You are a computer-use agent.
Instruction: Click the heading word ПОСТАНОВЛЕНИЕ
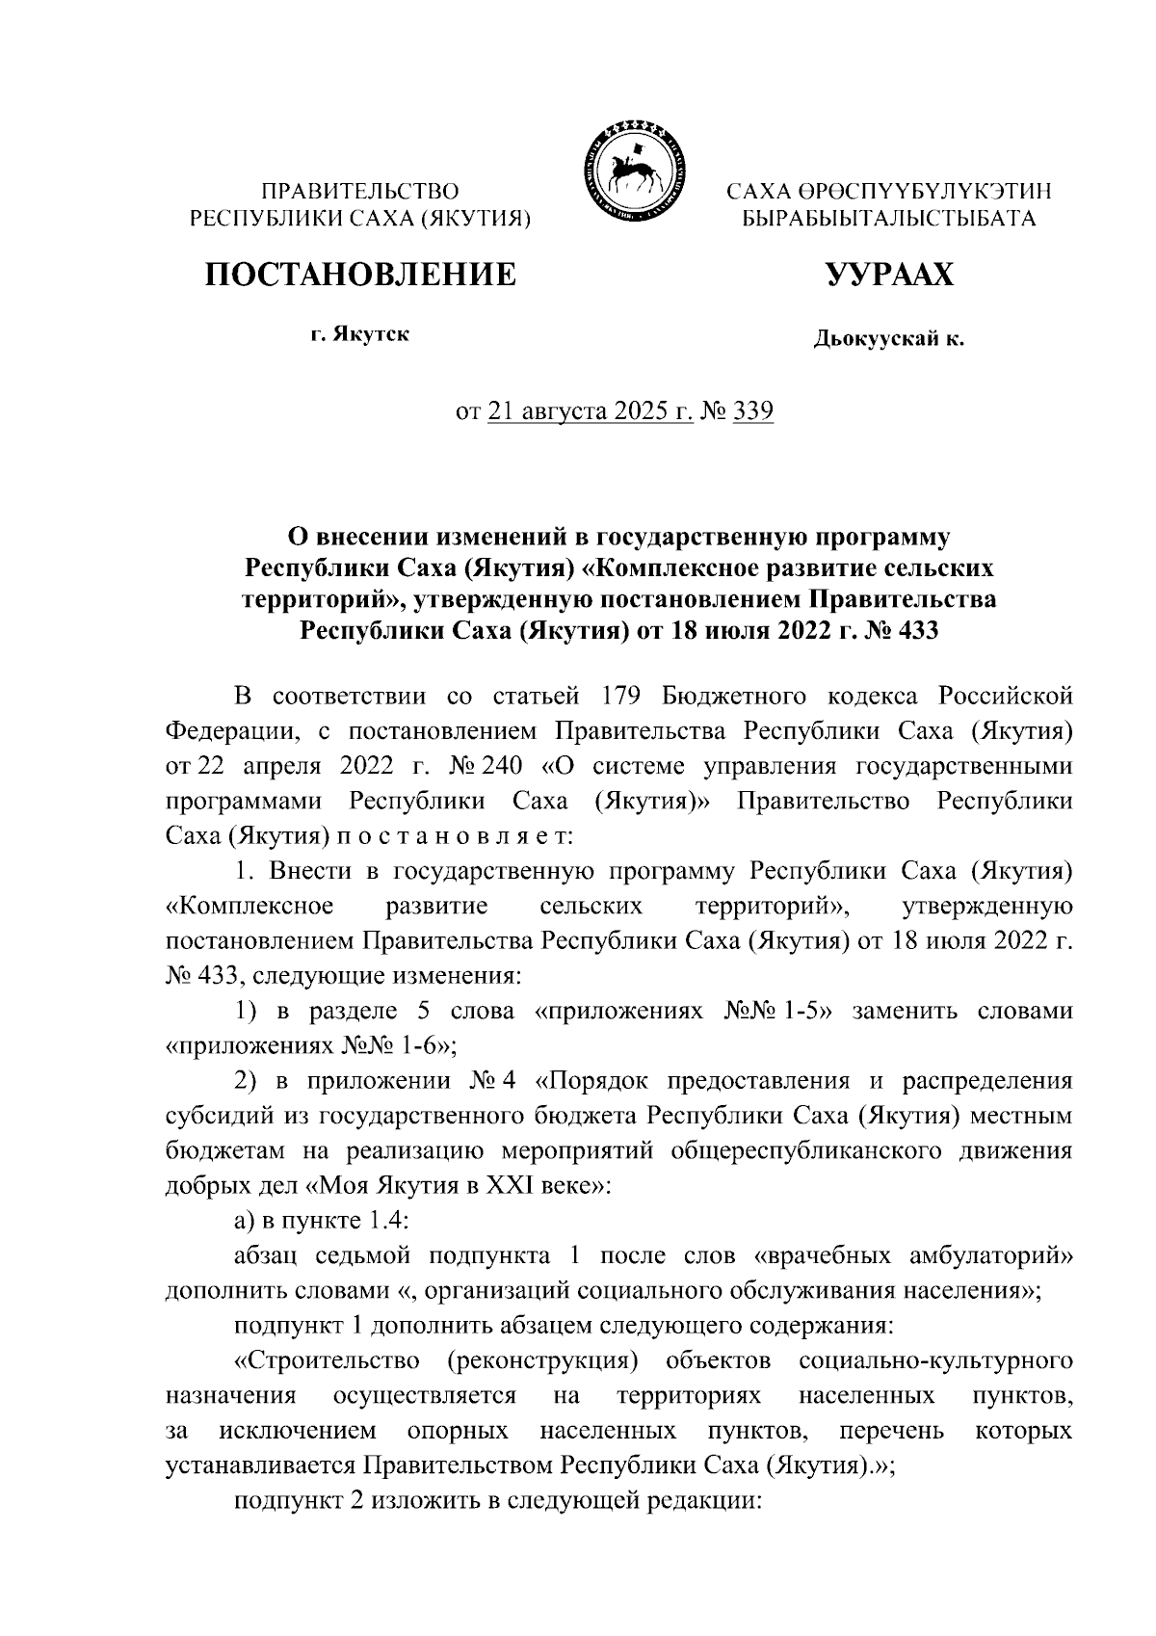coord(359,275)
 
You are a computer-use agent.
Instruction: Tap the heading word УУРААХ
coord(888,275)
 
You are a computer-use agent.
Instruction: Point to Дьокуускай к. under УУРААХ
coord(888,338)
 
